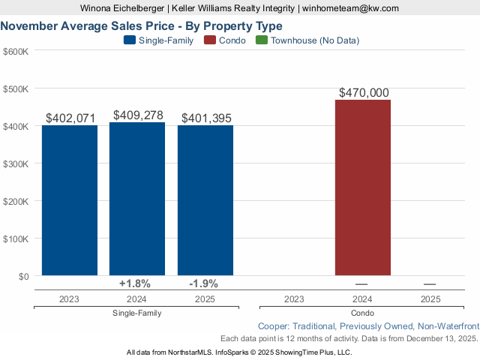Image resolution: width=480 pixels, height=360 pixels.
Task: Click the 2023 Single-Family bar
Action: click(69, 200)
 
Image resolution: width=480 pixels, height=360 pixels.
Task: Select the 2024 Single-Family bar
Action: click(137, 199)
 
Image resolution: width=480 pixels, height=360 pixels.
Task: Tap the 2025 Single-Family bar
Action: click(205, 200)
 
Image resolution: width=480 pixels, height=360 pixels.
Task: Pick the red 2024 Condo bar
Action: click(363, 187)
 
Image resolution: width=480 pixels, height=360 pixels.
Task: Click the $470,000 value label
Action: click(364, 93)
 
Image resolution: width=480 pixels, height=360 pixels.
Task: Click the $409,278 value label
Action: click(138, 115)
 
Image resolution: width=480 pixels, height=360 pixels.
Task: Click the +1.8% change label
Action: click(135, 283)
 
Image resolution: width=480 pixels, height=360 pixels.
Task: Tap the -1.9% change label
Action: click(204, 283)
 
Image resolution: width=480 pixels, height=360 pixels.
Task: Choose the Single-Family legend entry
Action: click(159, 40)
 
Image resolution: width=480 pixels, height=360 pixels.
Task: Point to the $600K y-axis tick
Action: click(16, 52)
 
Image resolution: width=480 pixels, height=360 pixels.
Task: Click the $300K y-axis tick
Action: click(16, 163)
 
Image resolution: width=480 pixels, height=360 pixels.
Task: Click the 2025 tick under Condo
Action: click(430, 298)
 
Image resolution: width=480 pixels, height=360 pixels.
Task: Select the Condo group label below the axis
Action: click(362, 313)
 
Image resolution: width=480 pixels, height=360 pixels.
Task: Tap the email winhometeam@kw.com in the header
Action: click(351, 8)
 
